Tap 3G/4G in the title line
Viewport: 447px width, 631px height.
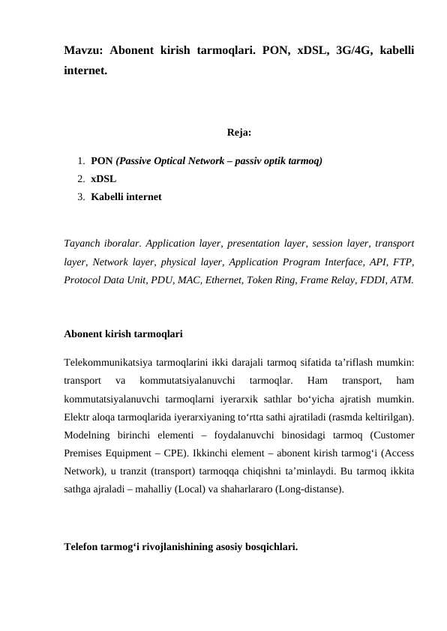[x=339, y=52]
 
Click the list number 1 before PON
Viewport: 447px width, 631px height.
[x=79, y=161]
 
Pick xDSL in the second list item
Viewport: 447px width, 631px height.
[x=103, y=179]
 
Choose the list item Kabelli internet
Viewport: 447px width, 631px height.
[x=125, y=197]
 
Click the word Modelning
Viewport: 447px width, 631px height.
[x=88, y=435]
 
